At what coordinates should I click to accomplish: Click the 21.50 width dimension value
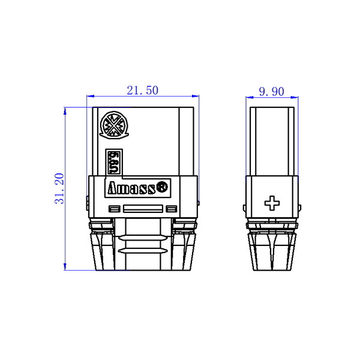click(x=143, y=91)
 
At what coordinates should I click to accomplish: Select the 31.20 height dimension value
click(x=59, y=188)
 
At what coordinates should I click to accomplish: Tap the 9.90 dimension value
click(x=272, y=92)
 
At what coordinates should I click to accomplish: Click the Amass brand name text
click(x=131, y=188)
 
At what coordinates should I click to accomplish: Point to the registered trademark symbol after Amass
click(x=162, y=187)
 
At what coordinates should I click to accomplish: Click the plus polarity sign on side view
click(x=272, y=203)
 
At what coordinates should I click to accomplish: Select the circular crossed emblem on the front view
click(x=114, y=125)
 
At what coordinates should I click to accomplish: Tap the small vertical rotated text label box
click(x=114, y=163)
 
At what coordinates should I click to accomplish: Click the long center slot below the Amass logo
click(x=143, y=209)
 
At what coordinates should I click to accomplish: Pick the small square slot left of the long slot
click(x=115, y=209)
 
